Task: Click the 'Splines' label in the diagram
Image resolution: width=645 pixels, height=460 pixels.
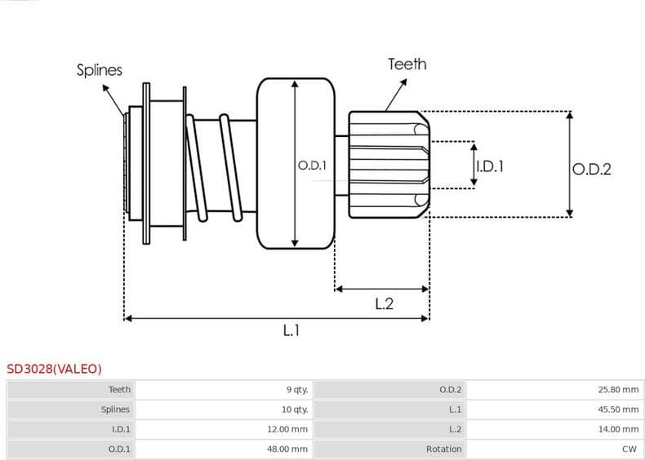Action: click(100, 70)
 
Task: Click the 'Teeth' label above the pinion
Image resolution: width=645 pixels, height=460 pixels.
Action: click(407, 64)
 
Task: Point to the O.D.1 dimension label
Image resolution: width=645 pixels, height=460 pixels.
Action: click(312, 165)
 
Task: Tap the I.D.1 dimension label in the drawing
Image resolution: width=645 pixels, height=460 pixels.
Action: click(489, 166)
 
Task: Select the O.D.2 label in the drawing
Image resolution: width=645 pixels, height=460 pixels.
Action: click(591, 169)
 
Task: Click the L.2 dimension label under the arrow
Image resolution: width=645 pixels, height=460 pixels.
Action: click(384, 303)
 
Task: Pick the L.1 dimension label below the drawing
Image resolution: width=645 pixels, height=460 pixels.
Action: click(291, 330)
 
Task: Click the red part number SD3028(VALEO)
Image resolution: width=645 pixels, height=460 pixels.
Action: click(55, 369)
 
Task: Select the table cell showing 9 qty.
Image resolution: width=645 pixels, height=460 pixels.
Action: click(296, 390)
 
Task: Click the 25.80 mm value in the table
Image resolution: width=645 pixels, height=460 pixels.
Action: click(618, 390)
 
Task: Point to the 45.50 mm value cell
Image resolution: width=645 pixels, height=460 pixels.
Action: click(618, 409)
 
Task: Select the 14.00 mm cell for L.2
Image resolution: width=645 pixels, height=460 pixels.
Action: click(618, 429)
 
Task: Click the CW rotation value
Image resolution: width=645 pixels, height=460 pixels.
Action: click(629, 449)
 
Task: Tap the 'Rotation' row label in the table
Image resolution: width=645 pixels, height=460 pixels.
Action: click(443, 449)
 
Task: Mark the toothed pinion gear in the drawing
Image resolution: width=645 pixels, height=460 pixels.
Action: click(389, 165)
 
